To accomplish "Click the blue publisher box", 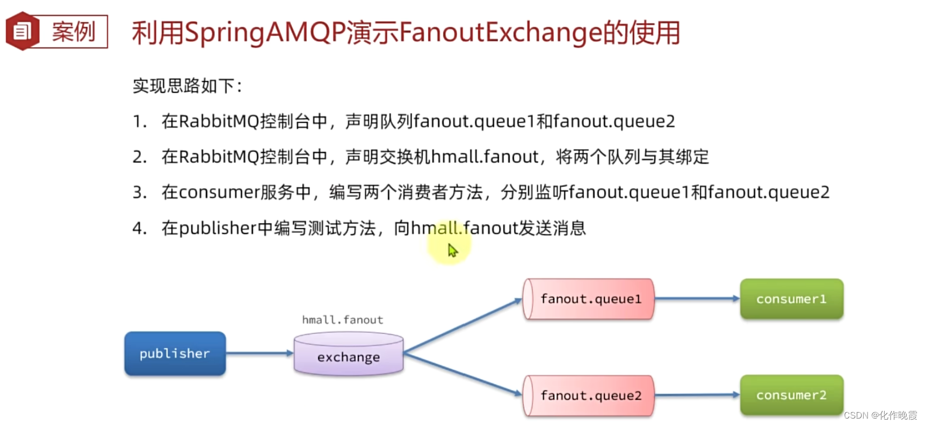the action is click(175, 354).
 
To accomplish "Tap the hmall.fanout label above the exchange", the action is click(343, 320).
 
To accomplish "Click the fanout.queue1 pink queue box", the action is click(589, 299).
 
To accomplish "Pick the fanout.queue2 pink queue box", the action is click(589, 395).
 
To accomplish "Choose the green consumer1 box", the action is click(791, 299).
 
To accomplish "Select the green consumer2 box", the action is click(791, 395).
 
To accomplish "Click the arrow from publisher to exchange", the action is click(259, 353).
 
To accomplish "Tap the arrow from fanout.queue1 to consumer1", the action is click(697, 298).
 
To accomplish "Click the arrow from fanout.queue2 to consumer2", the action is click(697, 395).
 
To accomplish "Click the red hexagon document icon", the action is click(22, 31).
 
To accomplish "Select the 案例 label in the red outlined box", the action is click(74, 32).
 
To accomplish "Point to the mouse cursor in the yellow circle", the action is click(452, 250).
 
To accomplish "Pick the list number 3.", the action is click(139, 192).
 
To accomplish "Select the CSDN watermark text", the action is click(880, 415).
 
